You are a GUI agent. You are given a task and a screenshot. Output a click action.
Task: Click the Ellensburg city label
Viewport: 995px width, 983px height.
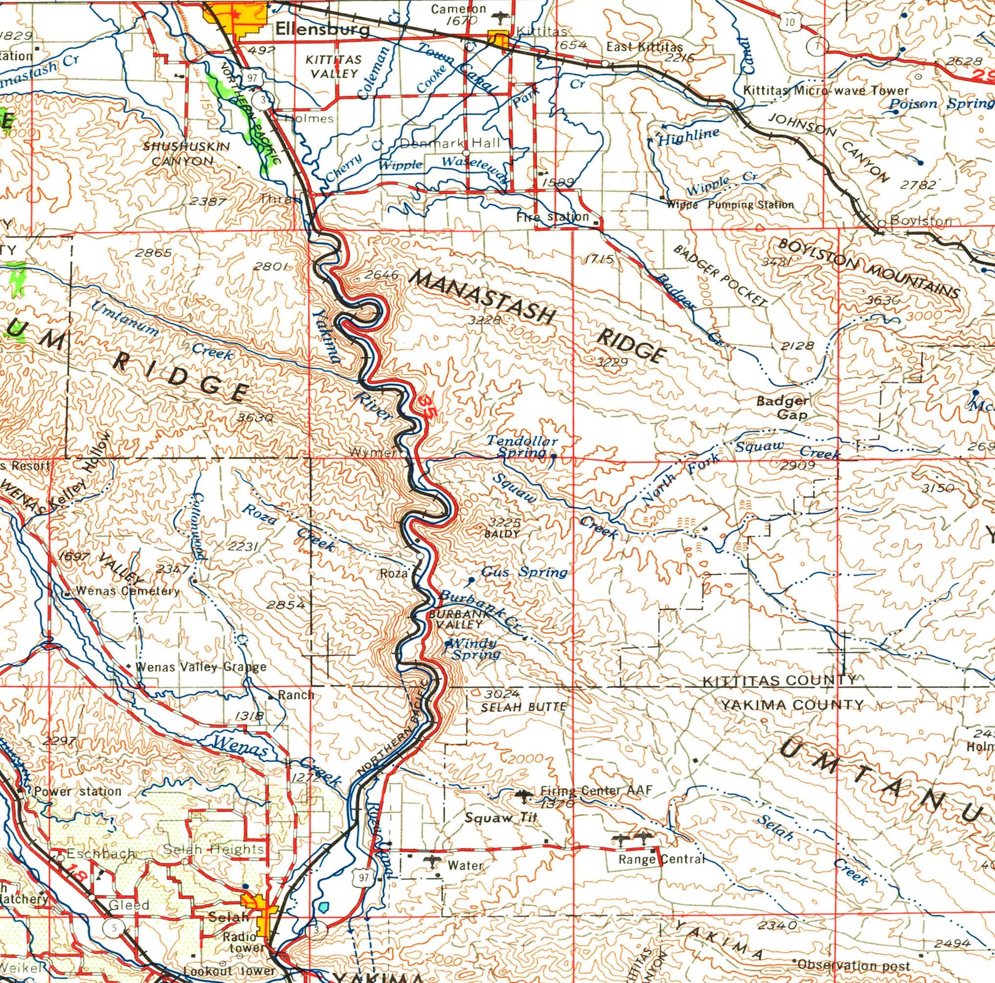[x=323, y=28]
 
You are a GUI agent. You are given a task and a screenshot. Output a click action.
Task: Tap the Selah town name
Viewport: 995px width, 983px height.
[x=229, y=916]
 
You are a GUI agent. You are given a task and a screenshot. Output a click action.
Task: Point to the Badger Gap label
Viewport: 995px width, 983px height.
[x=782, y=407]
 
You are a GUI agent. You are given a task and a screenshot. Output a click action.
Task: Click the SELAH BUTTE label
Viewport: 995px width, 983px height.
[x=523, y=707]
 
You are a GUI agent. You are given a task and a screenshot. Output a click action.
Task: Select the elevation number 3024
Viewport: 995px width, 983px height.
[x=502, y=693]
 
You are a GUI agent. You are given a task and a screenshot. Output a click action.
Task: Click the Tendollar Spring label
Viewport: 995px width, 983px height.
[x=522, y=446]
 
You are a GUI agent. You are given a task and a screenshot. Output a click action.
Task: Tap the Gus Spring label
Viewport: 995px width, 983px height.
[x=524, y=571]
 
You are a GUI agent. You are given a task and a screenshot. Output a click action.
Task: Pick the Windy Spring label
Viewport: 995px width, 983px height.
[x=475, y=648]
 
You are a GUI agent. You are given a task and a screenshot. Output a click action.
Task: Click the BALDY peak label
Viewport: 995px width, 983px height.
[x=502, y=534]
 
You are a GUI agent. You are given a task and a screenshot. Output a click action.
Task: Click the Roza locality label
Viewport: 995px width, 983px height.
[x=393, y=573]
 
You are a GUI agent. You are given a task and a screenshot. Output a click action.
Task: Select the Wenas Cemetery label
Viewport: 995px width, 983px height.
[x=127, y=590]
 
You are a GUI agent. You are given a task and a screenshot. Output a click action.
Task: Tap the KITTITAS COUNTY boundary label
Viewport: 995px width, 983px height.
[x=779, y=680]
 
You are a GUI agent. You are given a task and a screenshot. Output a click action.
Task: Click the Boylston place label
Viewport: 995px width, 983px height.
[x=920, y=220]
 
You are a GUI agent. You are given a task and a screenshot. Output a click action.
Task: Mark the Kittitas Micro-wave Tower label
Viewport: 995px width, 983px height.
[x=825, y=90]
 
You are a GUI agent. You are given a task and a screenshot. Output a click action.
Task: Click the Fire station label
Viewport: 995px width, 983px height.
[x=552, y=217]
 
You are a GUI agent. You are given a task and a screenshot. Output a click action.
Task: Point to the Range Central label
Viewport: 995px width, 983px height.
[x=661, y=859]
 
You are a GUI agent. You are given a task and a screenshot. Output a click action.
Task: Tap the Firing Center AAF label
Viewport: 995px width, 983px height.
[x=596, y=791]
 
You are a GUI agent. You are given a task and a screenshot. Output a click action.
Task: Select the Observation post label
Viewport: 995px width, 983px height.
[x=853, y=965]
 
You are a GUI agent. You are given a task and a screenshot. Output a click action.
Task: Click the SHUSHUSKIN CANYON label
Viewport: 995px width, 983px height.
[x=186, y=153]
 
